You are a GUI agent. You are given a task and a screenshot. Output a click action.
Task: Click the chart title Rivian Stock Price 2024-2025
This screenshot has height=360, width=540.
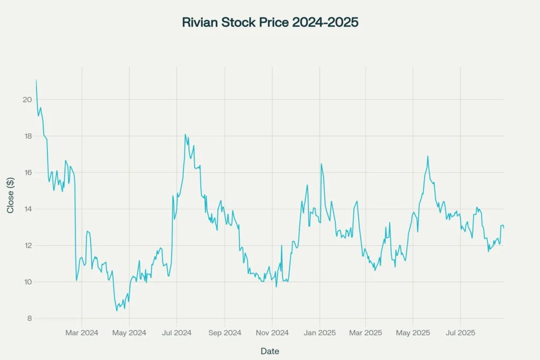tap(270, 23)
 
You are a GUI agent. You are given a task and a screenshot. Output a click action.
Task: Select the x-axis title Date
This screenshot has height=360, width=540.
tap(270, 351)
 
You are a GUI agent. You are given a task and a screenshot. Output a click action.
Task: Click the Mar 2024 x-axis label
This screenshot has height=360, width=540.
tap(82, 333)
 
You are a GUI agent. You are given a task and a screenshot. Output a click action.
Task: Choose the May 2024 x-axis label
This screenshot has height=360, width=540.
tap(130, 333)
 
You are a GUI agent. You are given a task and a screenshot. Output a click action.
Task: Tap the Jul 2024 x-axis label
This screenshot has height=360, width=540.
tap(176, 333)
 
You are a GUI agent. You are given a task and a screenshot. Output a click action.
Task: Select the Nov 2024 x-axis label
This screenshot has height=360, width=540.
tap(272, 333)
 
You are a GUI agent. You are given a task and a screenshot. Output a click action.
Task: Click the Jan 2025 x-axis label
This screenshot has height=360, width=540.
tap(320, 333)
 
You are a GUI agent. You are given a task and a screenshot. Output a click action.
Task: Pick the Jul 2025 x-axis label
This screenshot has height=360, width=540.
tap(460, 333)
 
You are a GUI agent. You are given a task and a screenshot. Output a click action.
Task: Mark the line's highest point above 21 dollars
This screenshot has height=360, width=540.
tap(36, 80)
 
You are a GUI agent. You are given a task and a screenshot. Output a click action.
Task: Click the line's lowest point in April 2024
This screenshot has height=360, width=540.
tap(117, 310)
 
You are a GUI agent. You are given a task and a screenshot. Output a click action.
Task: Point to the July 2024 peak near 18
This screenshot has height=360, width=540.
tap(185, 134)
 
